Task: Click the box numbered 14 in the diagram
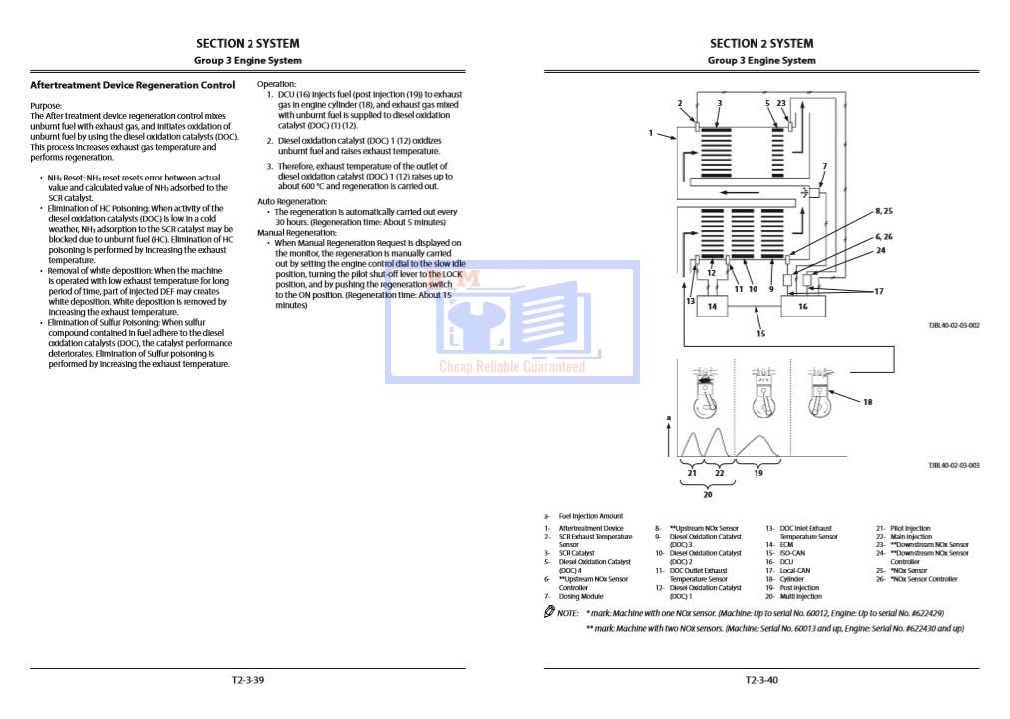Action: pyautogui.click(x=713, y=307)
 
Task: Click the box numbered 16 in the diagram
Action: pyautogui.click(x=802, y=307)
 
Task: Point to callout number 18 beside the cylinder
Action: pyautogui.click(x=867, y=402)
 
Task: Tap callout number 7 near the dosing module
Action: pyautogui.click(x=824, y=167)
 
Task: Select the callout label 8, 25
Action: pyautogui.click(x=883, y=212)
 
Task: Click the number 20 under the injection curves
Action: pyautogui.click(x=707, y=492)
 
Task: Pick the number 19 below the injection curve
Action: pyautogui.click(x=757, y=472)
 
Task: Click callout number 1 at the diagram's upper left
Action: pyautogui.click(x=650, y=132)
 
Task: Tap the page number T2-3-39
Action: pyautogui.click(x=248, y=680)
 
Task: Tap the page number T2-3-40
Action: pyautogui.click(x=761, y=680)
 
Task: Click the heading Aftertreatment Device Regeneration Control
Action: pyautogui.click(x=133, y=86)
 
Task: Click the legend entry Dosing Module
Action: pyautogui.click(x=581, y=596)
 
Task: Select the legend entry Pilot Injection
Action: pyautogui.click(x=910, y=529)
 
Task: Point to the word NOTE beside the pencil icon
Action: pyautogui.click(x=567, y=612)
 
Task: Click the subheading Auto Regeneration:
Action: pyautogui.click(x=287, y=201)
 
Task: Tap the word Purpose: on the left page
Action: pyautogui.click(x=46, y=106)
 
